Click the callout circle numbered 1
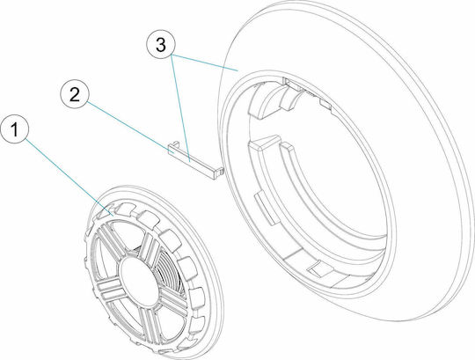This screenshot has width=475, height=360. tap(15, 129)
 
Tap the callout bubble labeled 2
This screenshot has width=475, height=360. tap(75, 94)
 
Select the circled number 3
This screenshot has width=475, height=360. tap(161, 44)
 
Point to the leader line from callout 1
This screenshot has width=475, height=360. tap(69, 177)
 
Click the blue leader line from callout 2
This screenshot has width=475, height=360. tap(130, 128)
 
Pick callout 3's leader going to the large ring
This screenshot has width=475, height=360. tap(205, 62)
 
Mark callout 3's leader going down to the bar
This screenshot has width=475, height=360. tap(180, 108)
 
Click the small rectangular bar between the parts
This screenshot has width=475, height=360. tap(195, 161)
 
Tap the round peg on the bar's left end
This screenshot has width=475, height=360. tap(175, 143)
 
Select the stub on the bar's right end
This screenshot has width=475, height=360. tap(222, 172)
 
